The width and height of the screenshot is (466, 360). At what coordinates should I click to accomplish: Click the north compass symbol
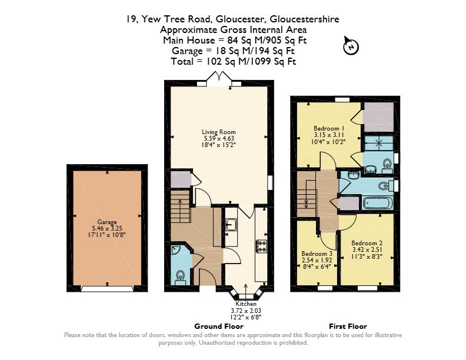(x=351, y=46)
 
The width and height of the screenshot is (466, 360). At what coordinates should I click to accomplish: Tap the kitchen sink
(x=231, y=225)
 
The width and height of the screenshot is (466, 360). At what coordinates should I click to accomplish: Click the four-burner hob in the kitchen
(x=261, y=246)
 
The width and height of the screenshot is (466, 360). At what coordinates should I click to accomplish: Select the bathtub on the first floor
(x=377, y=204)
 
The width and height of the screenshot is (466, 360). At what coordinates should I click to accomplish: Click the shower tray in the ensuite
(x=379, y=143)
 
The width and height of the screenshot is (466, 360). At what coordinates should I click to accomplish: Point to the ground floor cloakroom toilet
(x=180, y=278)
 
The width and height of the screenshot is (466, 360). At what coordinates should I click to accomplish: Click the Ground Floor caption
(x=219, y=326)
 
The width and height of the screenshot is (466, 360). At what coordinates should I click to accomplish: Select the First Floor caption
(x=348, y=326)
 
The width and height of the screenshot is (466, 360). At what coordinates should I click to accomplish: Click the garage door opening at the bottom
(x=107, y=289)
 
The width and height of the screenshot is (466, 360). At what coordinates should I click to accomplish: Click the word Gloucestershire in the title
(x=304, y=19)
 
